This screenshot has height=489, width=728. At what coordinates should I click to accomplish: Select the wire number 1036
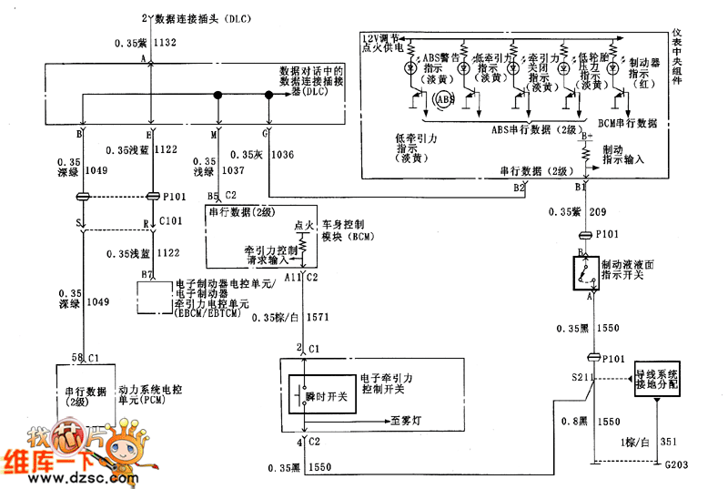tap(283, 155)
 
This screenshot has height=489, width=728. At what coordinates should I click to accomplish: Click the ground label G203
tap(674, 465)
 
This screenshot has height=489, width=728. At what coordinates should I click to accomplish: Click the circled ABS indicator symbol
tap(446, 98)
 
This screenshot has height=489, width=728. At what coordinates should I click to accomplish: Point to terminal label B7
tap(145, 274)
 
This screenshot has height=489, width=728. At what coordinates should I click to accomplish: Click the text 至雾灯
tap(407, 421)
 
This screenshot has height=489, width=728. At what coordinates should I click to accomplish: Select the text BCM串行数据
tap(628, 123)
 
